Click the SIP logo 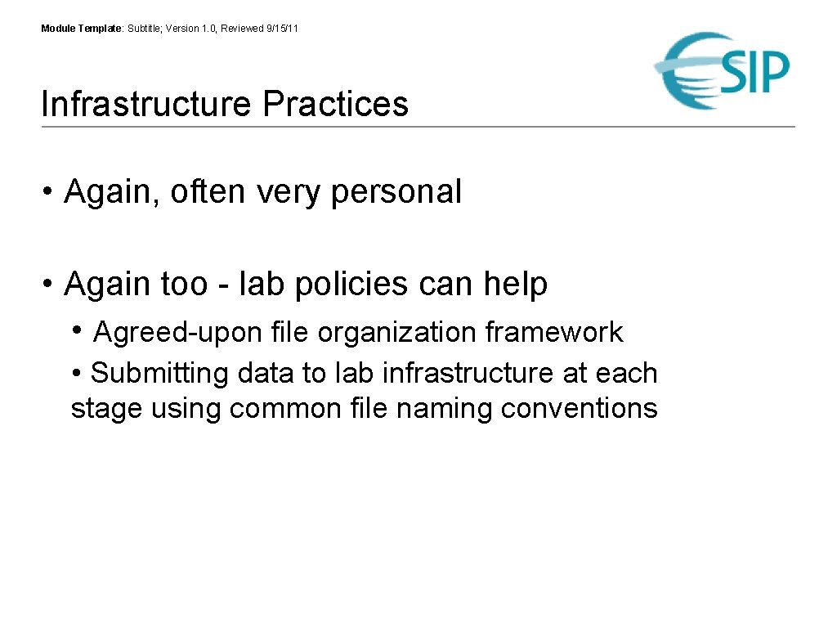point(723,71)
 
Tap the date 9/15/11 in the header point(283,29)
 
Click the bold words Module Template point(81,29)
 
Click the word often point(208,192)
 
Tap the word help point(515,285)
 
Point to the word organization point(396,333)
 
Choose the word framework point(553,333)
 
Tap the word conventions point(579,408)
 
